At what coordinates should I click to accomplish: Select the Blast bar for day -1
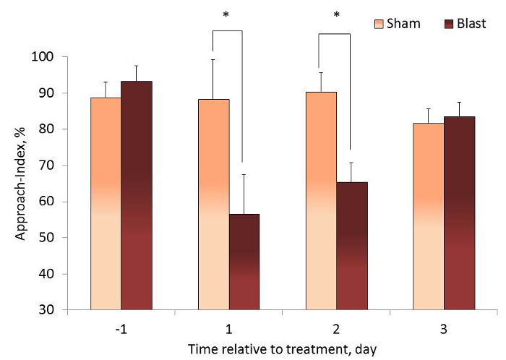(x=136, y=195)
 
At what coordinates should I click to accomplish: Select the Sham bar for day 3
(x=429, y=216)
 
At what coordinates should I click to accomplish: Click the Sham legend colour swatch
(x=378, y=23)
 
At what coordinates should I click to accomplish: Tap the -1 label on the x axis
(x=120, y=329)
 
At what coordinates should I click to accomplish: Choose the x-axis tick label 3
(x=443, y=329)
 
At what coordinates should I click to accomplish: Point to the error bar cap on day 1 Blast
(x=244, y=174)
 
